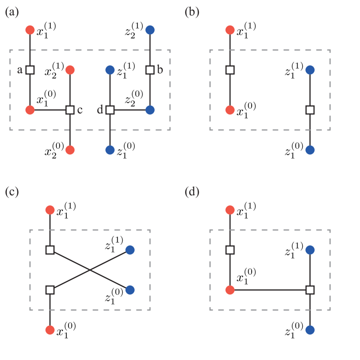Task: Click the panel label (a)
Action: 12,12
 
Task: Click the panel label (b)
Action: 192,12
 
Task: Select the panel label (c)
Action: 12,192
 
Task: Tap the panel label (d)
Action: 192,192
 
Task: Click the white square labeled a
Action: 30,70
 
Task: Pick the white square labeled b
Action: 150,70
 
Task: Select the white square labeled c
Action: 70,110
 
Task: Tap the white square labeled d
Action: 110,110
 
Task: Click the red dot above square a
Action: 30,30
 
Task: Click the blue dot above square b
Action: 150,30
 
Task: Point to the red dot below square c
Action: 70,150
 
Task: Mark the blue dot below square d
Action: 110,150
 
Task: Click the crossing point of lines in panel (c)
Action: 90,270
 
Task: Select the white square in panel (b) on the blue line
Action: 310,110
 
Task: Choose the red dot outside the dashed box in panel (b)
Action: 230,30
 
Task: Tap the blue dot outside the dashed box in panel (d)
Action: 310,330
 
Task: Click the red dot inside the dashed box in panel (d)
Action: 230,290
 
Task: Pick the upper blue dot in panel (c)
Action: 130,250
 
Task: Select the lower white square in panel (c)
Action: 50,290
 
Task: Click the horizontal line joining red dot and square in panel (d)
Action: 270,290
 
